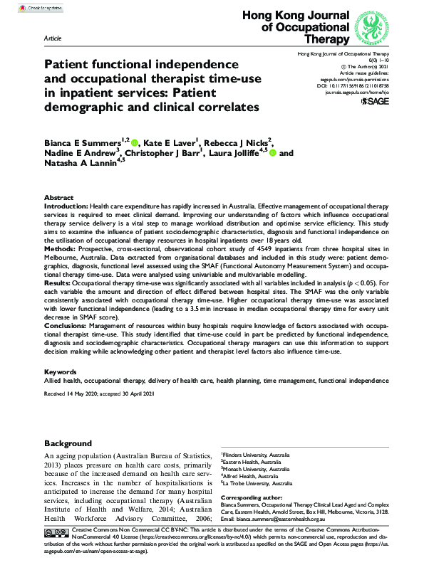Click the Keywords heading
[60, 371]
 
